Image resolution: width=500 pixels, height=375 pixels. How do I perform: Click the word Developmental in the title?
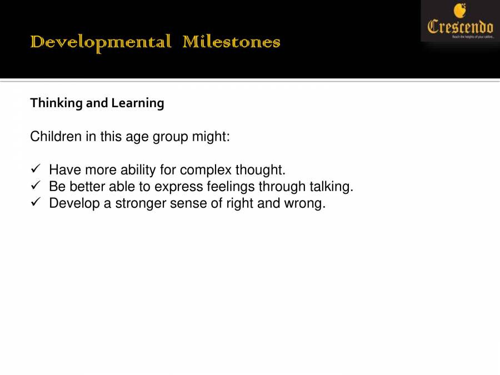(101, 42)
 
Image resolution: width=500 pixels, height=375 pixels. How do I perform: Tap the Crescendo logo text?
(460, 26)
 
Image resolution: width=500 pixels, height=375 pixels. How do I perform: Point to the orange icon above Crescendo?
(459, 11)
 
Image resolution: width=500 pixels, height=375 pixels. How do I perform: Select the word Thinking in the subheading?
(56, 103)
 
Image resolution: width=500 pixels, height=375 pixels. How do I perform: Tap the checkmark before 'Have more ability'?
(34, 169)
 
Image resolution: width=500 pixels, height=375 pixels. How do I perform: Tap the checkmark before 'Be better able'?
(34, 186)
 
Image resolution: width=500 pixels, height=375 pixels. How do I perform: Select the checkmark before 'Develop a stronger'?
(34, 203)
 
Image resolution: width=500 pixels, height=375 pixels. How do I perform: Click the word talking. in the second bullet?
(331, 187)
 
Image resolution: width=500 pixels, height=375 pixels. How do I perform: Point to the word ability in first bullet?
(139, 170)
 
